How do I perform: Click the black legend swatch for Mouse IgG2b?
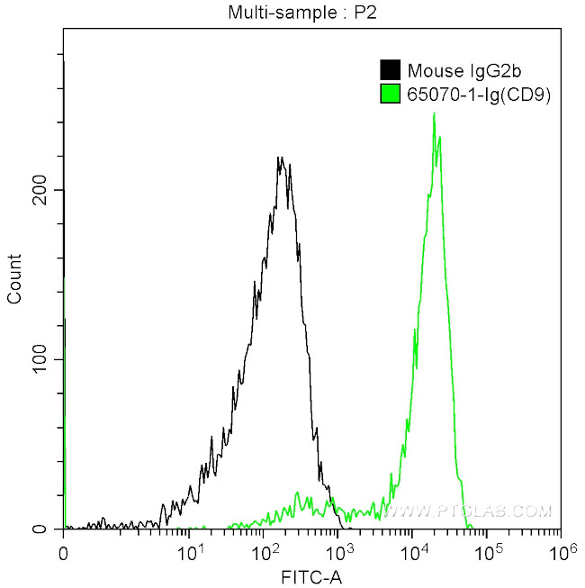pos(390,70)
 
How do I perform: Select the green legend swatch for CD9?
pos(390,92)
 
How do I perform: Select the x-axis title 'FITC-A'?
pos(312,575)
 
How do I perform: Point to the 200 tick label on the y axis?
pos(41,190)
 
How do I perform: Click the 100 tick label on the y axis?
pos(41,359)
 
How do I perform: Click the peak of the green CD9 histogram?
pos(434,114)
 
